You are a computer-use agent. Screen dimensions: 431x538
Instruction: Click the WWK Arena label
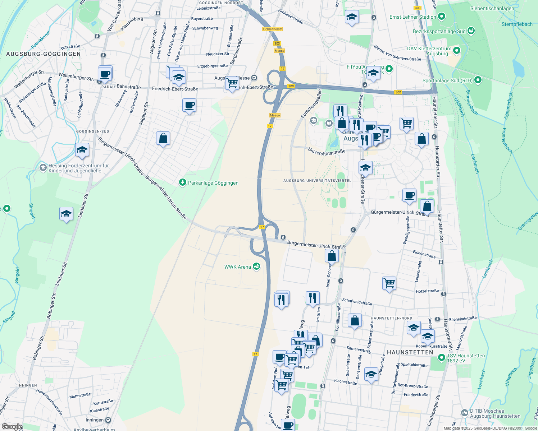(x=237, y=267)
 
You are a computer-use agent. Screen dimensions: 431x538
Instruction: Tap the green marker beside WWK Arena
(x=256, y=266)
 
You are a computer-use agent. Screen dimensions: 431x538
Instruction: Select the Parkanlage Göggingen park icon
(x=183, y=183)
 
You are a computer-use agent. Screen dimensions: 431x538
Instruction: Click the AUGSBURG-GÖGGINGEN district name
(x=44, y=54)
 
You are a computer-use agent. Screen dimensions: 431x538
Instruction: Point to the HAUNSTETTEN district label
(x=410, y=352)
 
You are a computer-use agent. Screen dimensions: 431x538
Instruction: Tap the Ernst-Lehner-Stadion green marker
(x=442, y=17)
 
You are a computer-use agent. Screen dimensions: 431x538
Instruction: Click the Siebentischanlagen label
(x=492, y=8)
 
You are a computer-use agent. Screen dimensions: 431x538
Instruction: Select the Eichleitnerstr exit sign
(x=273, y=29)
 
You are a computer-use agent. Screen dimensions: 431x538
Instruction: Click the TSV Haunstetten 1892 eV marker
(x=441, y=358)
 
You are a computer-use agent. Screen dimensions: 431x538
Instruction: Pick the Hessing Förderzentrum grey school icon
(x=43, y=167)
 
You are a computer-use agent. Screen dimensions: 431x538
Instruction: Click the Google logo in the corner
(x=12, y=427)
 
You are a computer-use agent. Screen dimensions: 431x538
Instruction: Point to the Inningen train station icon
(x=108, y=420)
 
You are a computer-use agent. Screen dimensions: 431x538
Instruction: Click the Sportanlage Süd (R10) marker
(x=478, y=80)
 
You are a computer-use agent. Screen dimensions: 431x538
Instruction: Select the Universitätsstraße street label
(x=327, y=152)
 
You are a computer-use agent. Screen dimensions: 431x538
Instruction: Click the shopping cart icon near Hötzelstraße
(x=389, y=283)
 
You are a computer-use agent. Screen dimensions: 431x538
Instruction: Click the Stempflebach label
(x=517, y=24)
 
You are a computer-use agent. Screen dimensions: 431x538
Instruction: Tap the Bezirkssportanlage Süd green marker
(x=471, y=31)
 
